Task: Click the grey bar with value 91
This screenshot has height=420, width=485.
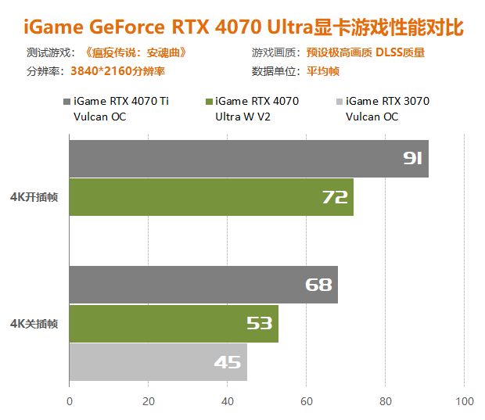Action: [x=249, y=159]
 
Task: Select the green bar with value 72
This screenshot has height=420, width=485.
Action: [x=211, y=197]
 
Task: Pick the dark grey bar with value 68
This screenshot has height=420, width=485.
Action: [x=203, y=285]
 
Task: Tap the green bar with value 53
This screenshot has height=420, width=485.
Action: [x=174, y=323]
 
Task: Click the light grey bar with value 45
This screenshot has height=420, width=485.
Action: [x=158, y=362]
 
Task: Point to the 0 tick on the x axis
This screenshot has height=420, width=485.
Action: [x=70, y=401]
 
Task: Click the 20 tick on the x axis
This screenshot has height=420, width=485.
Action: [x=149, y=401]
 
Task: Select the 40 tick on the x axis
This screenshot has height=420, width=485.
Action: [x=228, y=401]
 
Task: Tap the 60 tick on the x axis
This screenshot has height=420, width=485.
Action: [x=307, y=401]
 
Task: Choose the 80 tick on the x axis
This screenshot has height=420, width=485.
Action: [x=386, y=401]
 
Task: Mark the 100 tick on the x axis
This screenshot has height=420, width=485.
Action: [x=465, y=401]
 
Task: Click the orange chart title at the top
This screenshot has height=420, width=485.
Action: [x=242, y=28]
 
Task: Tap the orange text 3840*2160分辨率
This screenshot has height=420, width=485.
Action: [x=117, y=70]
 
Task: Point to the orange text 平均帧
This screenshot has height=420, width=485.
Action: [x=322, y=70]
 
